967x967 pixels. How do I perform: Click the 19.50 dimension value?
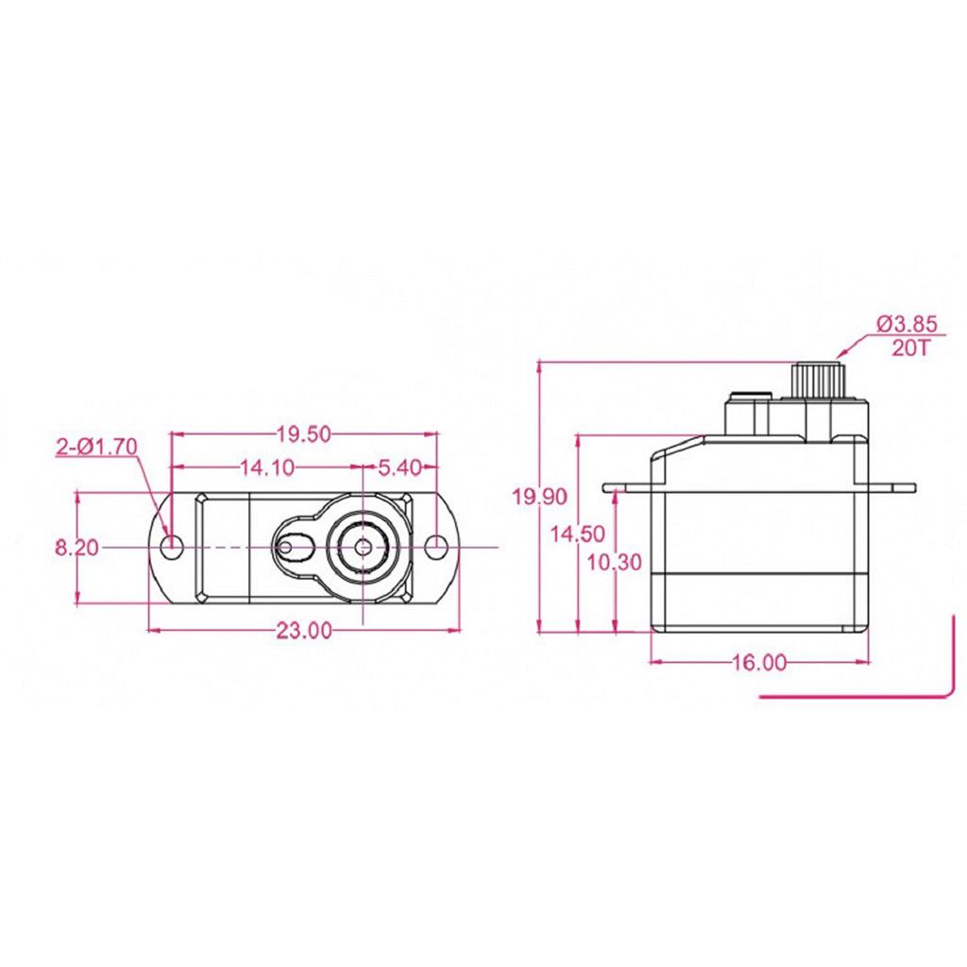click(x=303, y=434)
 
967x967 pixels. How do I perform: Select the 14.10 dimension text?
click(x=267, y=468)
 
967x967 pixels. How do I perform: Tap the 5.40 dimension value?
click(x=399, y=468)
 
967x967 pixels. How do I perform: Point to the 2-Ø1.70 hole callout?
click(x=97, y=447)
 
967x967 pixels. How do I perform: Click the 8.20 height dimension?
click(x=77, y=548)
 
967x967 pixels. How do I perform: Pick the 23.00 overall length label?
click(x=303, y=631)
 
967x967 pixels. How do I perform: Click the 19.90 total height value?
click(x=540, y=497)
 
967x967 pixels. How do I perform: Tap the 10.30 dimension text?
click(x=614, y=563)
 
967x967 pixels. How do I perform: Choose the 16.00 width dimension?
click(x=759, y=662)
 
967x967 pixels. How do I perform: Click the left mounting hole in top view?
click(x=172, y=547)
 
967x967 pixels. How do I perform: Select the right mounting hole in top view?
click(x=437, y=547)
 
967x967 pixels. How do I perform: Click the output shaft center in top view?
click(x=364, y=547)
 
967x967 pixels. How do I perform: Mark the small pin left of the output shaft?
click(x=285, y=548)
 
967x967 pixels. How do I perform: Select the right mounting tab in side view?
click(x=892, y=488)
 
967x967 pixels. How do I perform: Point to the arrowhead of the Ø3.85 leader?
click(x=840, y=355)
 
